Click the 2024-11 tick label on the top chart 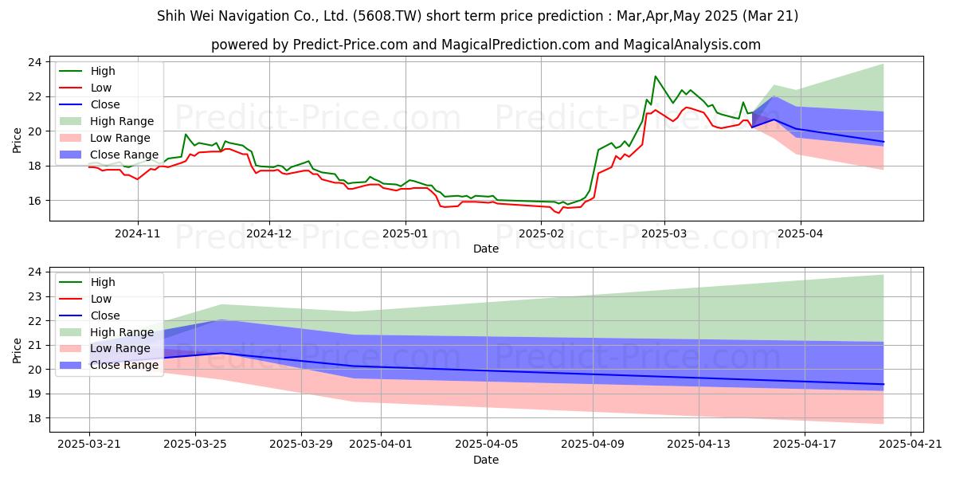tap(137, 234)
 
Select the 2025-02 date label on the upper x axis tap(541, 234)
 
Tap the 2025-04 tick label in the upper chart tap(800, 234)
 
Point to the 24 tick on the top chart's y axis tap(35, 62)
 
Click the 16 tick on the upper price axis tap(35, 201)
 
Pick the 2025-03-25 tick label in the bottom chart tap(195, 445)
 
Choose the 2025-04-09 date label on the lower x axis tap(593, 445)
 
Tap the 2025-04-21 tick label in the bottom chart tap(911, 445)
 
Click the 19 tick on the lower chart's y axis tap(35, 394)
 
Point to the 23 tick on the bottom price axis tap(35, 296)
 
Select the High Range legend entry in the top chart tap(106, 121)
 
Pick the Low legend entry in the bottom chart tap(85, 299)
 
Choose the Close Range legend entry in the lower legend tap(109, 366)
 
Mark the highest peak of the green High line tap(655, 76)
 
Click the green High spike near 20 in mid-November tap(185, 135)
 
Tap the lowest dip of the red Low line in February tap(558, 213)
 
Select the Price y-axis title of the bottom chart tap(17, 351)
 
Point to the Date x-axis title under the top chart tap(486, 249)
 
